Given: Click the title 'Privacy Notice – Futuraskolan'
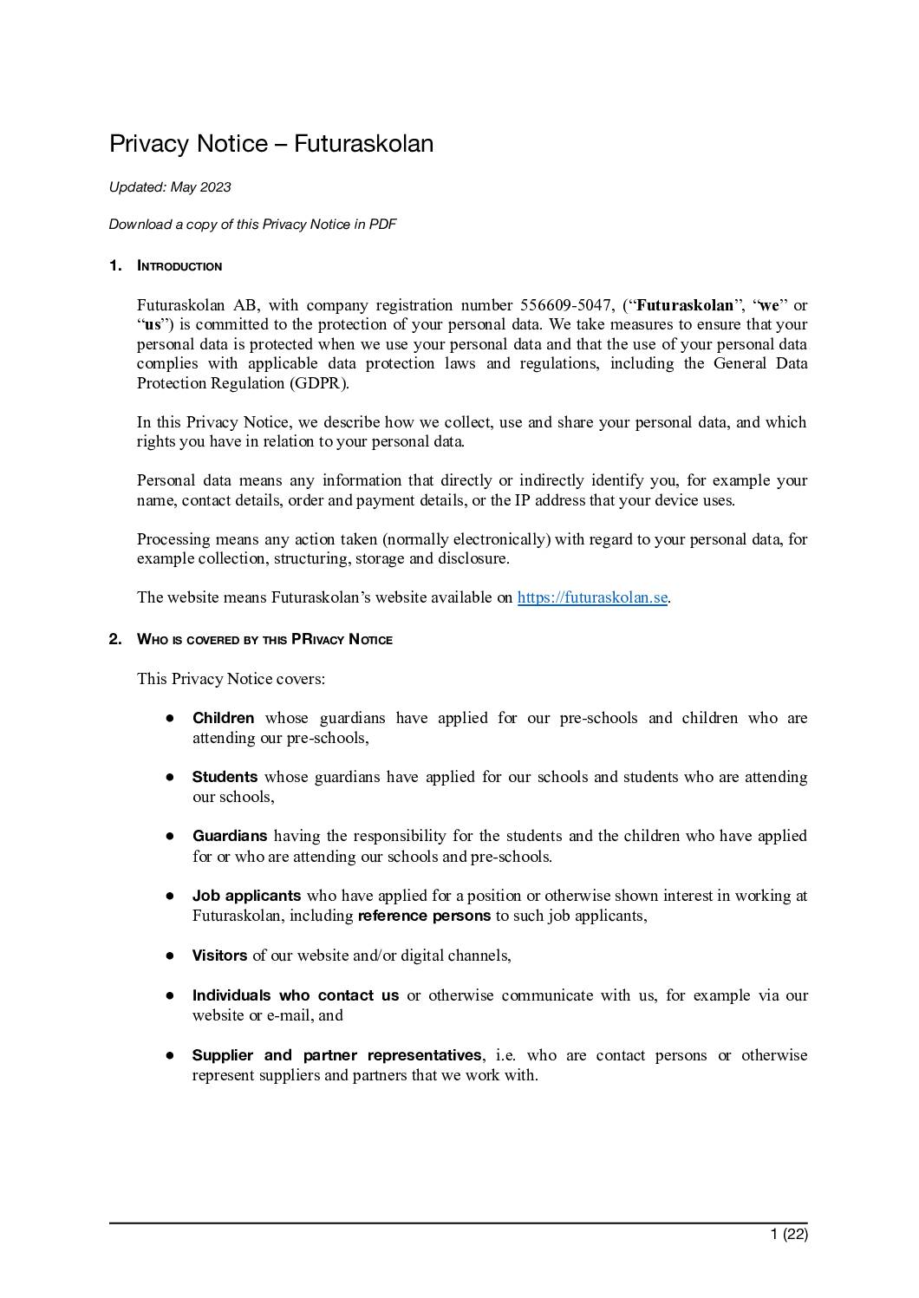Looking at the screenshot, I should pos(271,144).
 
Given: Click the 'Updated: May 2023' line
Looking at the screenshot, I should pos(170,187).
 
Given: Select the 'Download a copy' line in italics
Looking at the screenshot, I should pos(252,225).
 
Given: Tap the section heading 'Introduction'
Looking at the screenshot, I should pos(179,266).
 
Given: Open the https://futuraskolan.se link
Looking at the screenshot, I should pos(592,597).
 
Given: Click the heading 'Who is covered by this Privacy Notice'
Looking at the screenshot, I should pos(264,640).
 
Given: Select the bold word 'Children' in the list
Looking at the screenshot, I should pos(223,718).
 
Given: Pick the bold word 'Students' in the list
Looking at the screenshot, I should pos(225,777).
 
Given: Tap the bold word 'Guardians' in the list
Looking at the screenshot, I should pos(229,836).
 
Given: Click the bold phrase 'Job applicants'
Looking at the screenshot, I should pos(246,896).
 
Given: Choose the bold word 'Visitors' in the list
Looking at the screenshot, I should pos(219,956).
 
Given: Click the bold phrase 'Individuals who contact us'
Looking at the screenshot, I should pos(296,995).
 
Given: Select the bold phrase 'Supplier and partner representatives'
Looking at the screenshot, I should pos(336,1055).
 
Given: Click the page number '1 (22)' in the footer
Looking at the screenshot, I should pos(789,1234).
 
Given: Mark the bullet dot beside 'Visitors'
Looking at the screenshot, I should pos(172,956).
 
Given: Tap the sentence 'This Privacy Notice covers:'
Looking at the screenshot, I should pos(231,679).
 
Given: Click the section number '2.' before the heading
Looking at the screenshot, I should pos(115,640).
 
